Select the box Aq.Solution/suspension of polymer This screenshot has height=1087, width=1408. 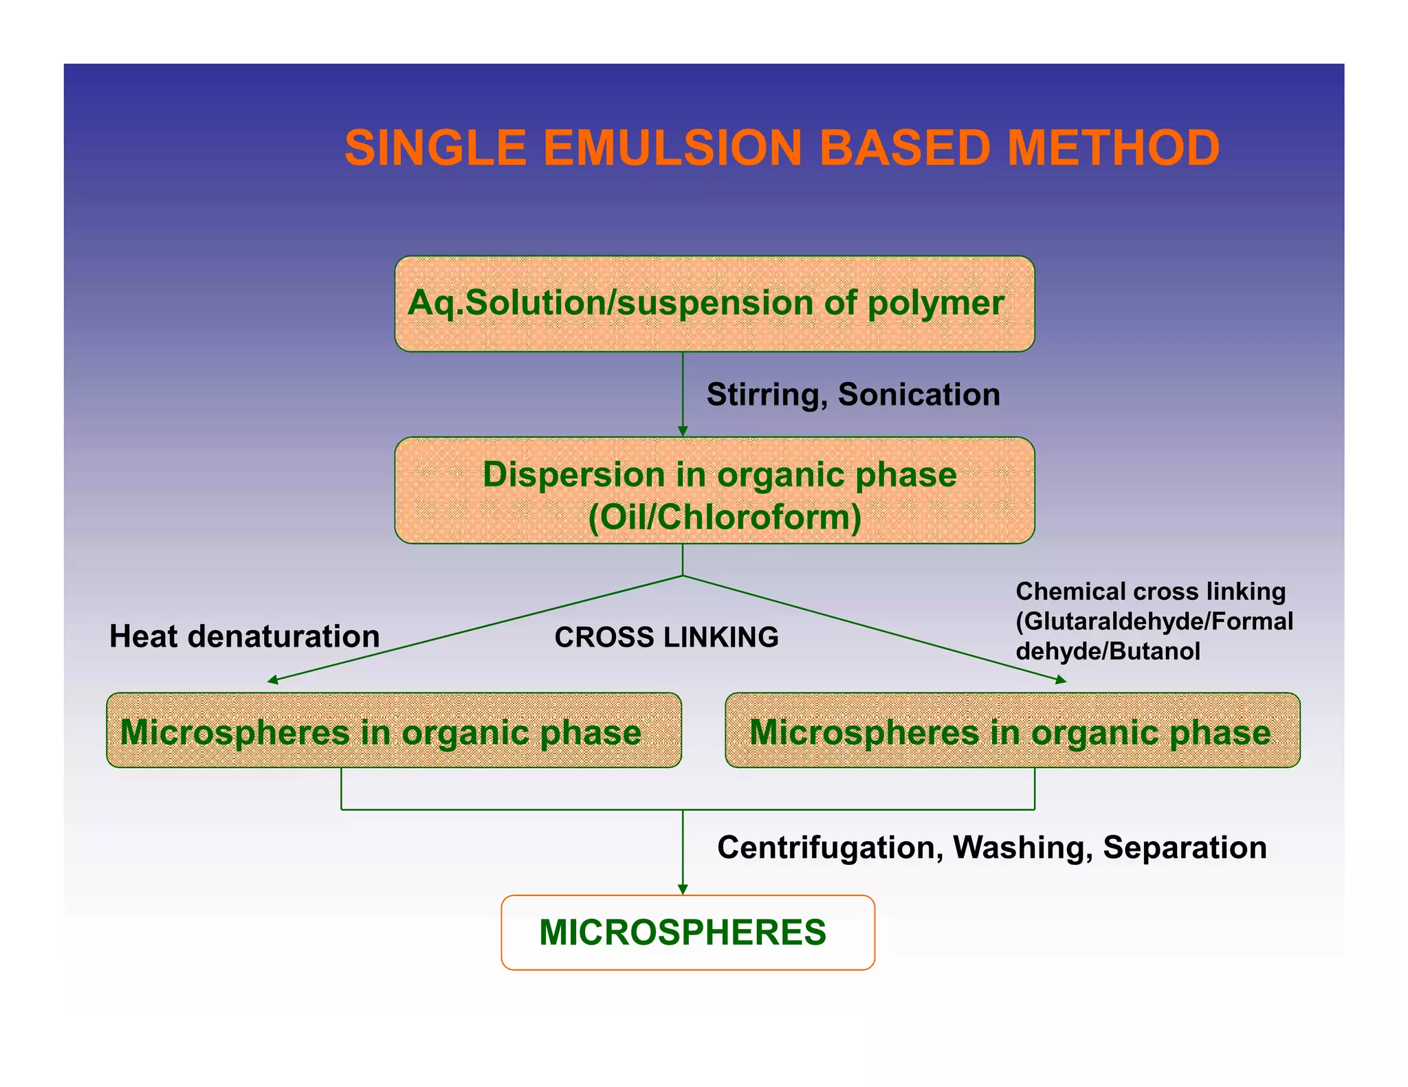[x=714, y=304]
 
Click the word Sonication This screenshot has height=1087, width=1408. [x=918, y=395]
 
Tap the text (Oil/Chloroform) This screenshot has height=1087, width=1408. [x=725, y=517]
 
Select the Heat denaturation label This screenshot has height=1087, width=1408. [x=244, y=636]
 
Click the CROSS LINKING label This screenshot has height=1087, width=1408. [x=666, y=637]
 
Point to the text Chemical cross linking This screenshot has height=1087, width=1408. [x=1150, y=592]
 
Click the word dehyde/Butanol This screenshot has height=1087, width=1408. [x=1108, y=651]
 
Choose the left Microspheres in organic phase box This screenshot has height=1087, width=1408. [x=393, y=731]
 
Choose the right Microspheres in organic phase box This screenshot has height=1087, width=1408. [x=1012, y=731]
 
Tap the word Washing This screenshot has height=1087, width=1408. [x=1022, y=848]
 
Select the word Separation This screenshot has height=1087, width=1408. [x=1184, y=848]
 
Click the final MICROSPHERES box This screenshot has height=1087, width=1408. [x=687, y=932]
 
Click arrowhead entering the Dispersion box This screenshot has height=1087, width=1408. [x=683, y=431]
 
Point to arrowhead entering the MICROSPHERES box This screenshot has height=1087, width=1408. [x=683, y=889]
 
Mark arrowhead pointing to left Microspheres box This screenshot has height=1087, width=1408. [x=273, y=680]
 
